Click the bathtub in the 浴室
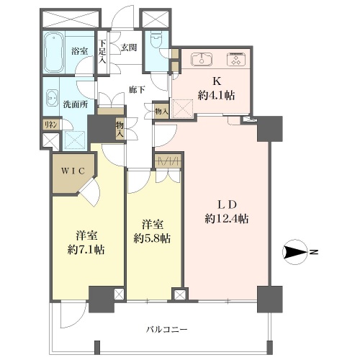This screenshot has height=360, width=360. (x=54, y=52)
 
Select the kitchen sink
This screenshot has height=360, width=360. (x=202, y=59)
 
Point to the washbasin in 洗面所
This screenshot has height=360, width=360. (x=52, y=98)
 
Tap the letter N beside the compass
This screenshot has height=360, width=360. (x=314, y=252)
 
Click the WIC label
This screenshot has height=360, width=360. (x=73, y=171)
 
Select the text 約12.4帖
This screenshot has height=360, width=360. (x=227, y=219)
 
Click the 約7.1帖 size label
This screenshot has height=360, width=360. (x=86, y=250)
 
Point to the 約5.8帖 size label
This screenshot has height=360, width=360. (x=152, y=238)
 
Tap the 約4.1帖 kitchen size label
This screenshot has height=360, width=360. (x=216, y=96)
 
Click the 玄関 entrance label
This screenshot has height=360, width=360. (x=129, y=48)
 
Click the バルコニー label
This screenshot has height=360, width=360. (x=167, y=329)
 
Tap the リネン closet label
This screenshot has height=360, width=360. (x=50, y=125)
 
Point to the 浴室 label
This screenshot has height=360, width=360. (x=79, y=51)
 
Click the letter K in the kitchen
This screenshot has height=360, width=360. (x=217, y=81)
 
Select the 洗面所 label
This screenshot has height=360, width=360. (x=76, y=104)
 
